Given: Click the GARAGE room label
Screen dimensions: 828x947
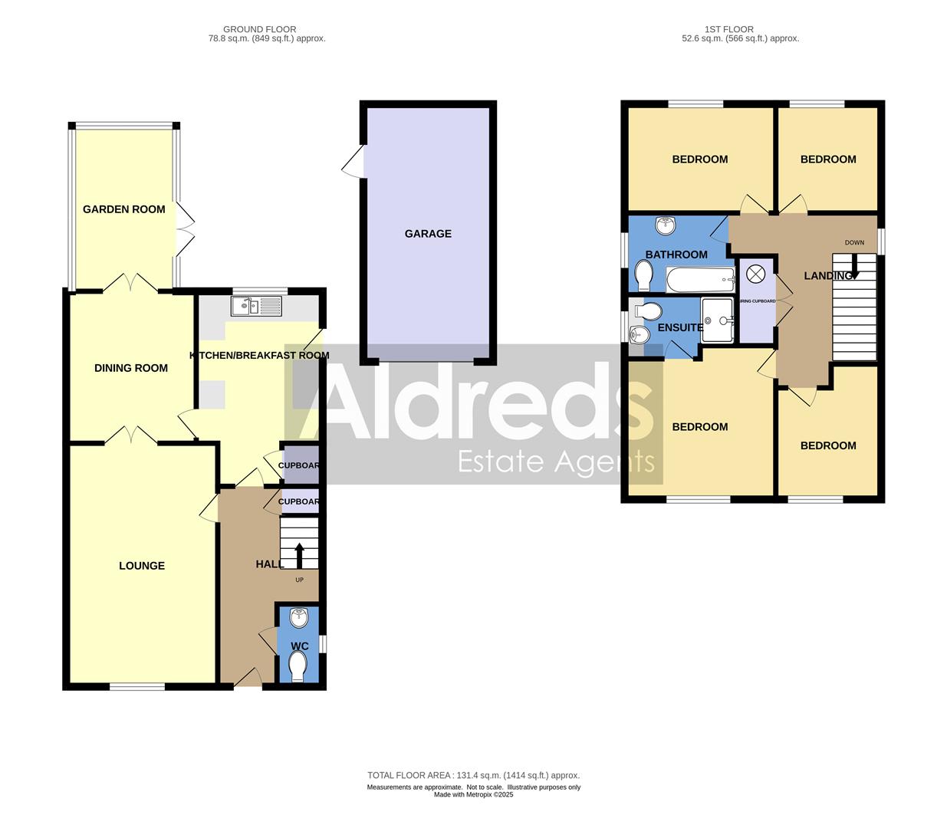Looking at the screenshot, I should [428, 234].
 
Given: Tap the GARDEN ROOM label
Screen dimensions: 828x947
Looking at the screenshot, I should [123, 209].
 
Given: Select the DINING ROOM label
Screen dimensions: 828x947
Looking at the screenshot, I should [130, 368].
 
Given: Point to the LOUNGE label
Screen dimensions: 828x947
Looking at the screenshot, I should [142, 566].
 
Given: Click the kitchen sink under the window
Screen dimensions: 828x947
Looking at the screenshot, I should [257, 307].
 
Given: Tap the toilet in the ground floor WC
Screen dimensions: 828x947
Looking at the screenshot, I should [298, 665].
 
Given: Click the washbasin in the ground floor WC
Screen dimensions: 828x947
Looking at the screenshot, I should [298, 617].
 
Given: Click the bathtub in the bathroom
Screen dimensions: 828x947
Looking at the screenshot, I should [700, 280].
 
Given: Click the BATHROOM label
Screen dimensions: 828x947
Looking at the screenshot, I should [676, 255].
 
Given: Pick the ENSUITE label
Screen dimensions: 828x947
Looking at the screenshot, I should [679, 327].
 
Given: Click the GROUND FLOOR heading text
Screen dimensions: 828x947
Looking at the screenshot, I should [259, 29].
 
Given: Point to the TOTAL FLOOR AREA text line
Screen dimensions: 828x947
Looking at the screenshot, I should [473, 775].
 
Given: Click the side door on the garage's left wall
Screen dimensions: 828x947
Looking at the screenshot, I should [354, 163].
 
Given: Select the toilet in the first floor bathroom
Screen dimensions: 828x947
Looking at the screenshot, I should [643, 274].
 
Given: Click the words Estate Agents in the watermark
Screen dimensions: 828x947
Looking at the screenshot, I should [556, 462].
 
